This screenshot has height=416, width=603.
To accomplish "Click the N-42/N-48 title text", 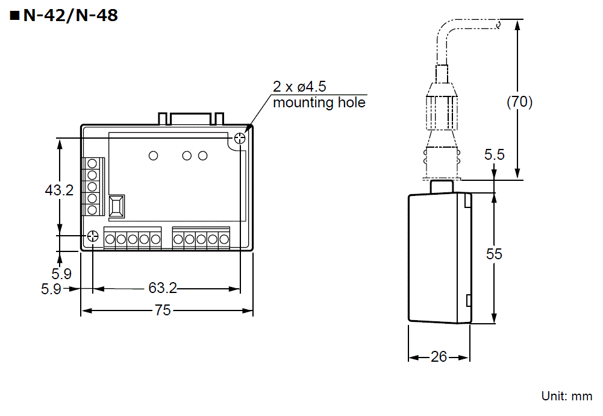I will click(70, 16).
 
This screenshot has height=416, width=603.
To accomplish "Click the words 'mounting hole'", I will click(319, 102).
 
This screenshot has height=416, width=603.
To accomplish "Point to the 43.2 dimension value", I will click(59, 191).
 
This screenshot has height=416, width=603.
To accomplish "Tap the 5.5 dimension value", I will click(495, 155).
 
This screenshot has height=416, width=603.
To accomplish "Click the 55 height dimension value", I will click(494, 254).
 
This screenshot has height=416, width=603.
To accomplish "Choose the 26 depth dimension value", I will click(439, 357).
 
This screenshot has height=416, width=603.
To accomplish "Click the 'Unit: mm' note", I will click(567, 396).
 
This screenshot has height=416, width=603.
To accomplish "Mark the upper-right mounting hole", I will click(240, 139).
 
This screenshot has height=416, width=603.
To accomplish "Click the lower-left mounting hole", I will click(93, 236).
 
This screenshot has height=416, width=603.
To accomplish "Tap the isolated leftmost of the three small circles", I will click(153, 156).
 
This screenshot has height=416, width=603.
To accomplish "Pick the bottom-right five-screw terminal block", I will click(201, 238).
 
